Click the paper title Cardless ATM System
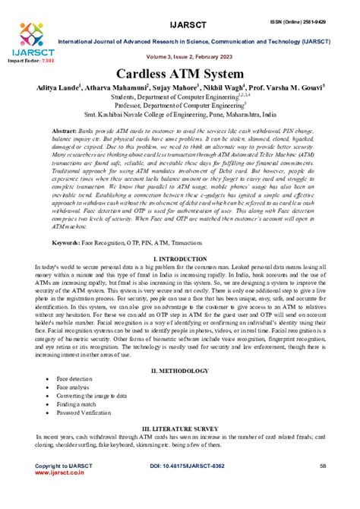pyautogui.click(x=181, y=75)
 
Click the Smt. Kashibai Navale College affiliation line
pyautogui.click(x=181, y=117)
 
